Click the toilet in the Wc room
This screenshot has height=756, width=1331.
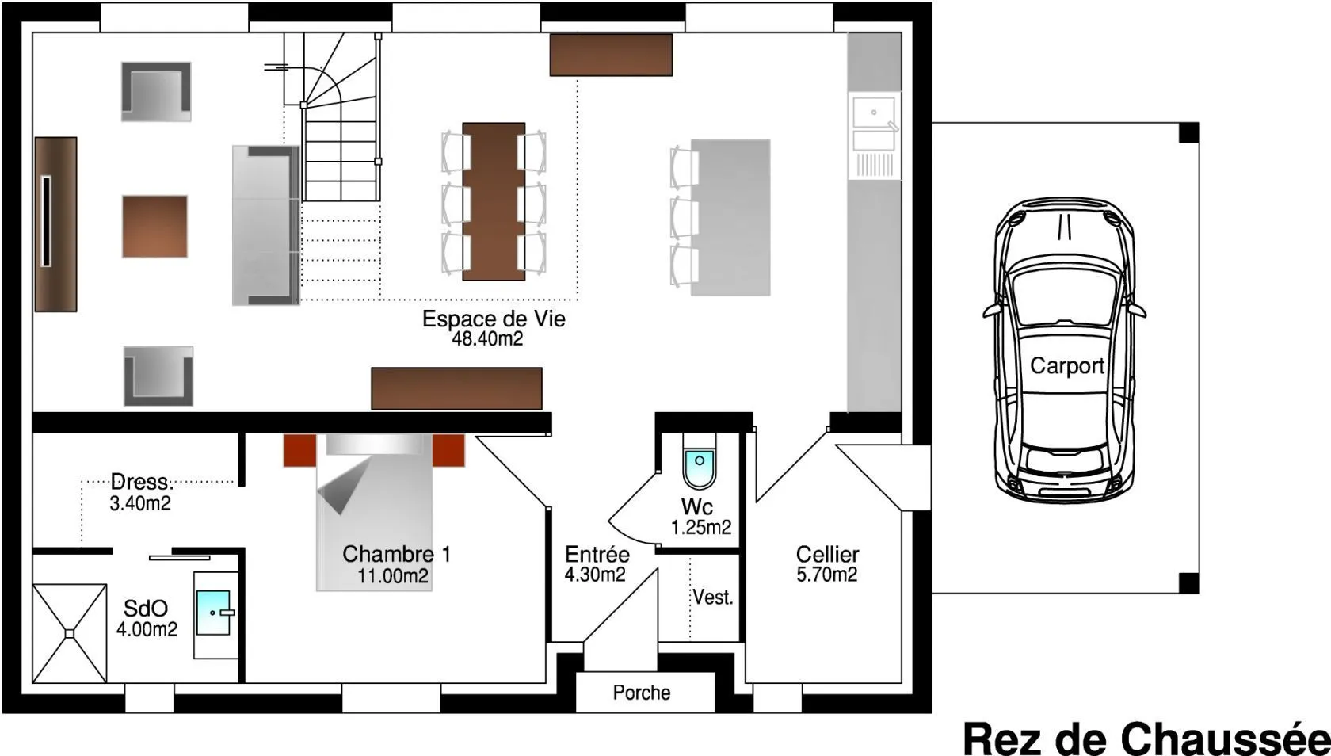tap(700, 462)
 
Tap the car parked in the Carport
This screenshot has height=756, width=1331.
tap(1064, 350)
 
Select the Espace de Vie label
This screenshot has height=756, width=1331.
tap(494, 319)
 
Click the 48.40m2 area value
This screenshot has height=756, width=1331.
tap(487, 339)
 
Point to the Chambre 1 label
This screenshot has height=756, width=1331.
tap(396, 554)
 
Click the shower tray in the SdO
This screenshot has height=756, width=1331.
tap(70, 634)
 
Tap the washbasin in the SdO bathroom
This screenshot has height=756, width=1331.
tap(213, 612)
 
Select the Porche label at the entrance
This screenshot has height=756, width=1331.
tap(642, 693)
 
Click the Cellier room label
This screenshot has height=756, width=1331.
tap(827, 555)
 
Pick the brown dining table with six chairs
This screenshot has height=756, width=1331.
tap(494, 201)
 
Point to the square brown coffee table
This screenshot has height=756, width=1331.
tap(154, 227)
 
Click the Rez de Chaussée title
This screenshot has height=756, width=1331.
tap(1146, 738)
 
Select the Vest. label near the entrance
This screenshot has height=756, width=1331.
tap(713, 598)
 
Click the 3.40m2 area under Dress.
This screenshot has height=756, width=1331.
tap(140, 503)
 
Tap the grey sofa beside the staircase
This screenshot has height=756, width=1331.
tap(265, 225)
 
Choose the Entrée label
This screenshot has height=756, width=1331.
tap(597, 554)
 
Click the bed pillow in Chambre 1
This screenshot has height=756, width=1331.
tap(375, 445)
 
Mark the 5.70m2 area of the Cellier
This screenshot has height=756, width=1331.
tap(827, 575)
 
